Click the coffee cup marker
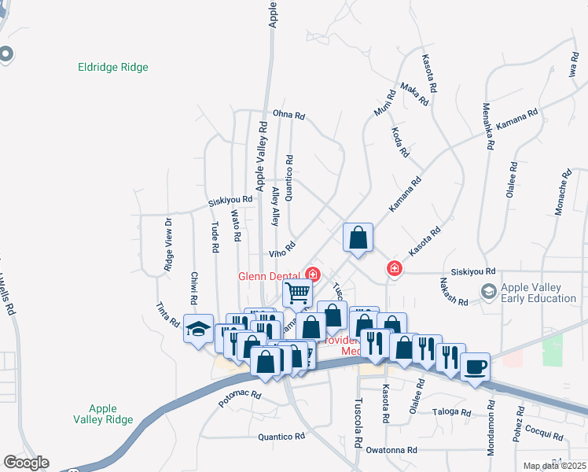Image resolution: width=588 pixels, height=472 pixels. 476,367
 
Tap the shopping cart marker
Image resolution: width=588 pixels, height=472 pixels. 298,293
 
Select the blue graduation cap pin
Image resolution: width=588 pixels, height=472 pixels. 199,328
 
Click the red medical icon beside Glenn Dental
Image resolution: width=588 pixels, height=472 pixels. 313,275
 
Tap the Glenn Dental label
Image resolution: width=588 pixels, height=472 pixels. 270,275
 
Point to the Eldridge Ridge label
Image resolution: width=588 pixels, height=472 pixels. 113,68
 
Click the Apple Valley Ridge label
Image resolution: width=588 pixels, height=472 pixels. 103,414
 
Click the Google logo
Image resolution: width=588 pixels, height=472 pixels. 26,463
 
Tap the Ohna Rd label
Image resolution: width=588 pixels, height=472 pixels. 288,115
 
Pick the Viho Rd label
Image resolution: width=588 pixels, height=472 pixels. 281,249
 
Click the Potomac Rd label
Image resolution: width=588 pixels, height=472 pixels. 240,395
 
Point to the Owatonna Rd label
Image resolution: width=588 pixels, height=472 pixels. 391,451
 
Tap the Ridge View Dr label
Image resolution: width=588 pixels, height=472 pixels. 168,245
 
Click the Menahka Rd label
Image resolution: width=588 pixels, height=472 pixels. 488,126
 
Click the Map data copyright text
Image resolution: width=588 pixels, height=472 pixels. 554,466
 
